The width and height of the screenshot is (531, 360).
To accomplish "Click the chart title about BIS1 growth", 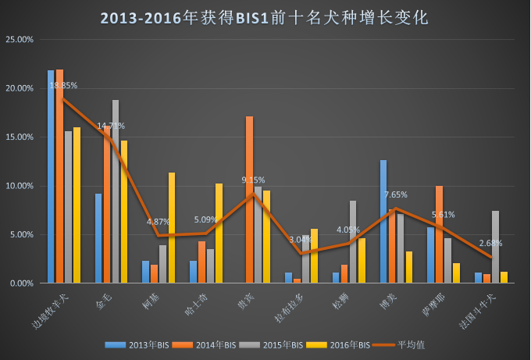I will (265, 17).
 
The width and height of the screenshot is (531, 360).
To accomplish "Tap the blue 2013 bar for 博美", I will (383, 221).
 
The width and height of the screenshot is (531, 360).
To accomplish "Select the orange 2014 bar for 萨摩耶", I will (440, 234).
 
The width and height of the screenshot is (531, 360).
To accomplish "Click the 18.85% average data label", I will (63, 85).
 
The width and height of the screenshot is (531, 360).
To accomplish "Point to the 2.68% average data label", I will (491, 243).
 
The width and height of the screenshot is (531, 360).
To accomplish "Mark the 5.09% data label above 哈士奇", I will (206, 220).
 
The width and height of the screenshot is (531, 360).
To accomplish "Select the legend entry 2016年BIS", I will (333, 344).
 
